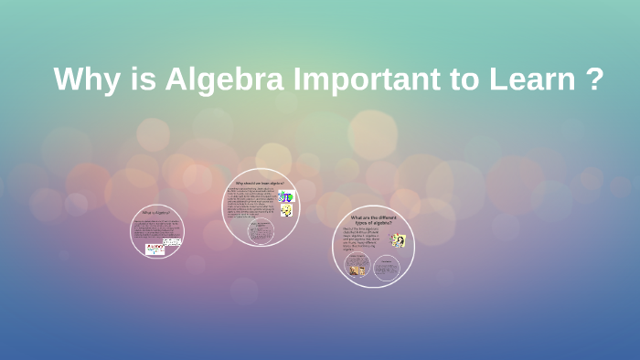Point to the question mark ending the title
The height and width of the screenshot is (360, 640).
[x=593, y=79]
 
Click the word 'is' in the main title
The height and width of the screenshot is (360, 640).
[x=138, y=79]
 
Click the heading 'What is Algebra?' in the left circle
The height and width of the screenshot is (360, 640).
[x=156, y=212]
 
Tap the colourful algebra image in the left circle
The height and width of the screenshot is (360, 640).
[x=155, y=247]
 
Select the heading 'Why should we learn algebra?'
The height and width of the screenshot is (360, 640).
[x=260, y=183]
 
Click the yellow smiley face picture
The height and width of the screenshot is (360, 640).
[x=287, y=211]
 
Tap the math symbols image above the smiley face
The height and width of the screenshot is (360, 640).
[x=286, y=196]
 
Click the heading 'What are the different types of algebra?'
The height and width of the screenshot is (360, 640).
[x=373, y=220]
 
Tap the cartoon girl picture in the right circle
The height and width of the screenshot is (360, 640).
[x=399, y=240]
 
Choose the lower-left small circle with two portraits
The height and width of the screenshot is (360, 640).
[x=357, y=267]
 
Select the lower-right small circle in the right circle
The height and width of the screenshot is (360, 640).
[x=388, y=267]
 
